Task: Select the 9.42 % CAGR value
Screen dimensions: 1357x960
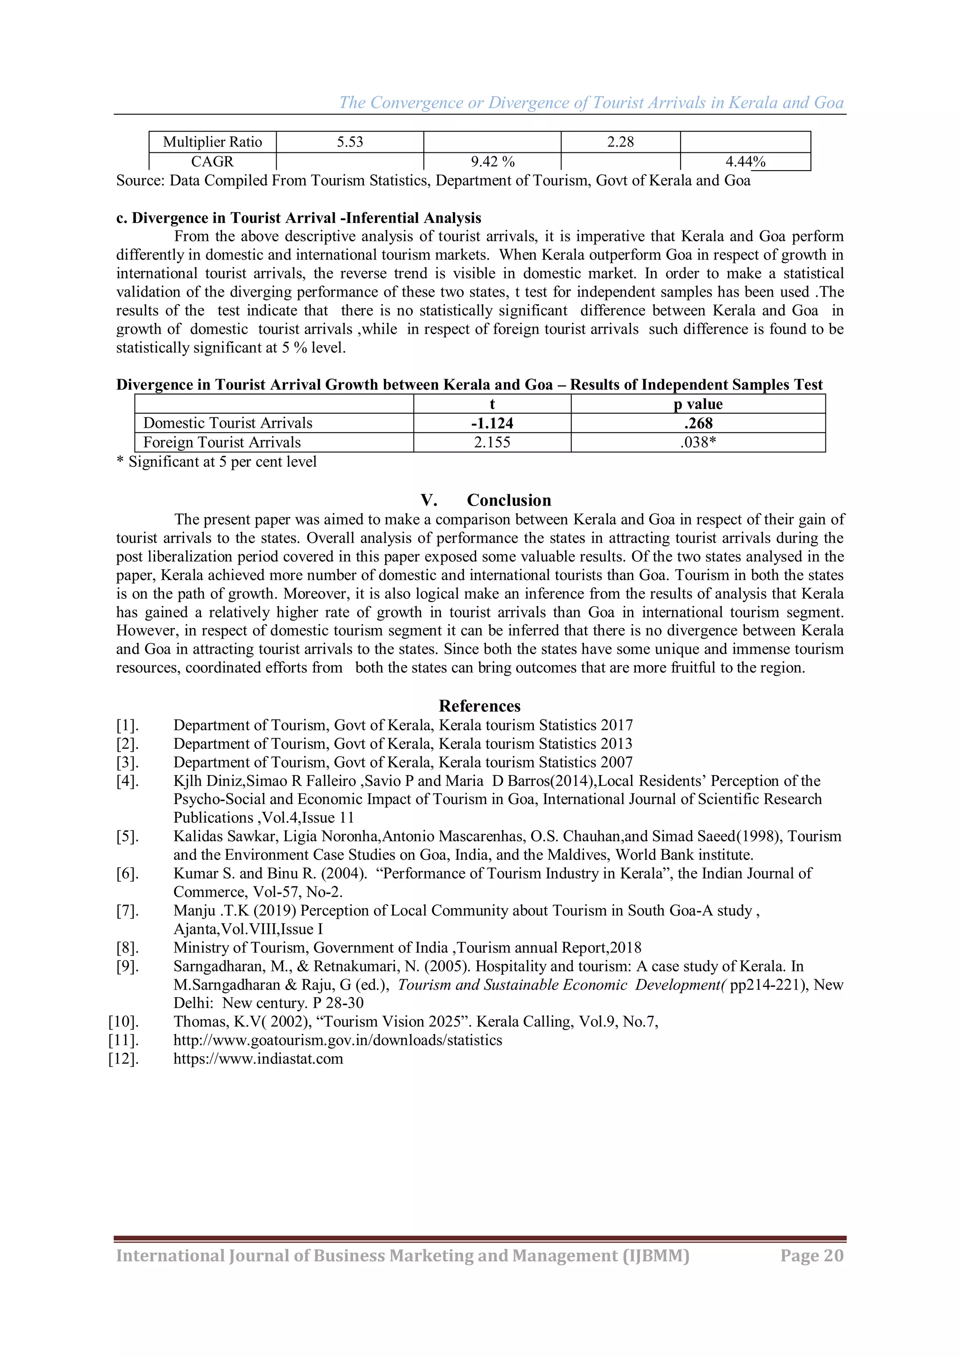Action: [492, 161]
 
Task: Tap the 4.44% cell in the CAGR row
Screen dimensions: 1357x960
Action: [745, 161]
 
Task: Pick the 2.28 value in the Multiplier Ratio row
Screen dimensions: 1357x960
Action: [620, 142]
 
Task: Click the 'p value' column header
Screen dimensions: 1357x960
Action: [698, 404]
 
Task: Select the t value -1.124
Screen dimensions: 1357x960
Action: [492, 423]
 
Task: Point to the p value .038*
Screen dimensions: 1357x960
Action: [698, 442]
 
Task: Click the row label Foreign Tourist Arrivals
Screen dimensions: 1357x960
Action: [222, 442]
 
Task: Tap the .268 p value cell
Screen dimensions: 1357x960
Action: [698, 423]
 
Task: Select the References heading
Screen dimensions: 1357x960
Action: [480, 706]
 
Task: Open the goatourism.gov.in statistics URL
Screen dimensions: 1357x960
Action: [337, 1040]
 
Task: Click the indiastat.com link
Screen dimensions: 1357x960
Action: [258, 1059]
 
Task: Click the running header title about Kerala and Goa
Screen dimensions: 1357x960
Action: [591, 103]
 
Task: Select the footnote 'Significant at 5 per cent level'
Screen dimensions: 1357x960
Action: [222, 462]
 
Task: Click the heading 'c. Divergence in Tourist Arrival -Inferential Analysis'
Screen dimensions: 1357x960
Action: [299, 218]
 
